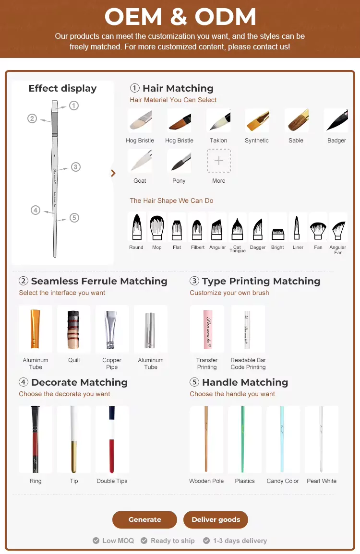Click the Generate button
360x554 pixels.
point(144,519)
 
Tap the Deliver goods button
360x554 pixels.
point(216,519)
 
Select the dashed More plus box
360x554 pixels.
point(219,161)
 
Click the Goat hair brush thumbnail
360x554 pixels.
point(140,161)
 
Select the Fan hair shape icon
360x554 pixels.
point(318,229)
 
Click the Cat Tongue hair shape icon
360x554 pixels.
point(237,229)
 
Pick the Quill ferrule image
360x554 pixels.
point(74,329)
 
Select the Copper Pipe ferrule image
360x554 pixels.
point(112,329)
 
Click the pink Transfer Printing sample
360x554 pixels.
point(207,329)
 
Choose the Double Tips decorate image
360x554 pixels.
point(112,439)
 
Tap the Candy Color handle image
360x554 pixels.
point(283,439)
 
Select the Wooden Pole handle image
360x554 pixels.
point(206,439)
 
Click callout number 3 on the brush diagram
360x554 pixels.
point(76,167)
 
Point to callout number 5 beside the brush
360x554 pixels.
point(74,218)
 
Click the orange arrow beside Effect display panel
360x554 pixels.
point(113,173)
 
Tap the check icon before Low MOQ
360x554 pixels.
point(96,541)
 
